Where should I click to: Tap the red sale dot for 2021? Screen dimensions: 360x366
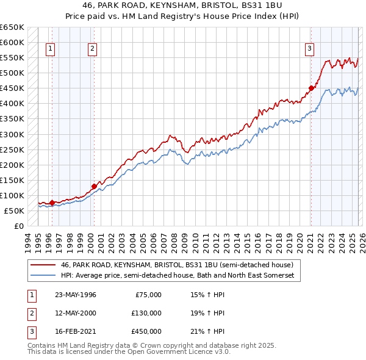click(311, 88)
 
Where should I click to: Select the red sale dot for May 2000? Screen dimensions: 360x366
click(94, 186)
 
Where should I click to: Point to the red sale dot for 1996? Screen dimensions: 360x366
click(52, 203)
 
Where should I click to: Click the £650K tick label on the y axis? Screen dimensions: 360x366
click(12, 27)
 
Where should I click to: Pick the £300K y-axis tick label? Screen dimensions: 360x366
click(12, 134)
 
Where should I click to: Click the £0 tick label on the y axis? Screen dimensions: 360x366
click(18, 226)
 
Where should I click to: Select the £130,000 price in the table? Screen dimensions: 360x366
click(146, 312)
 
